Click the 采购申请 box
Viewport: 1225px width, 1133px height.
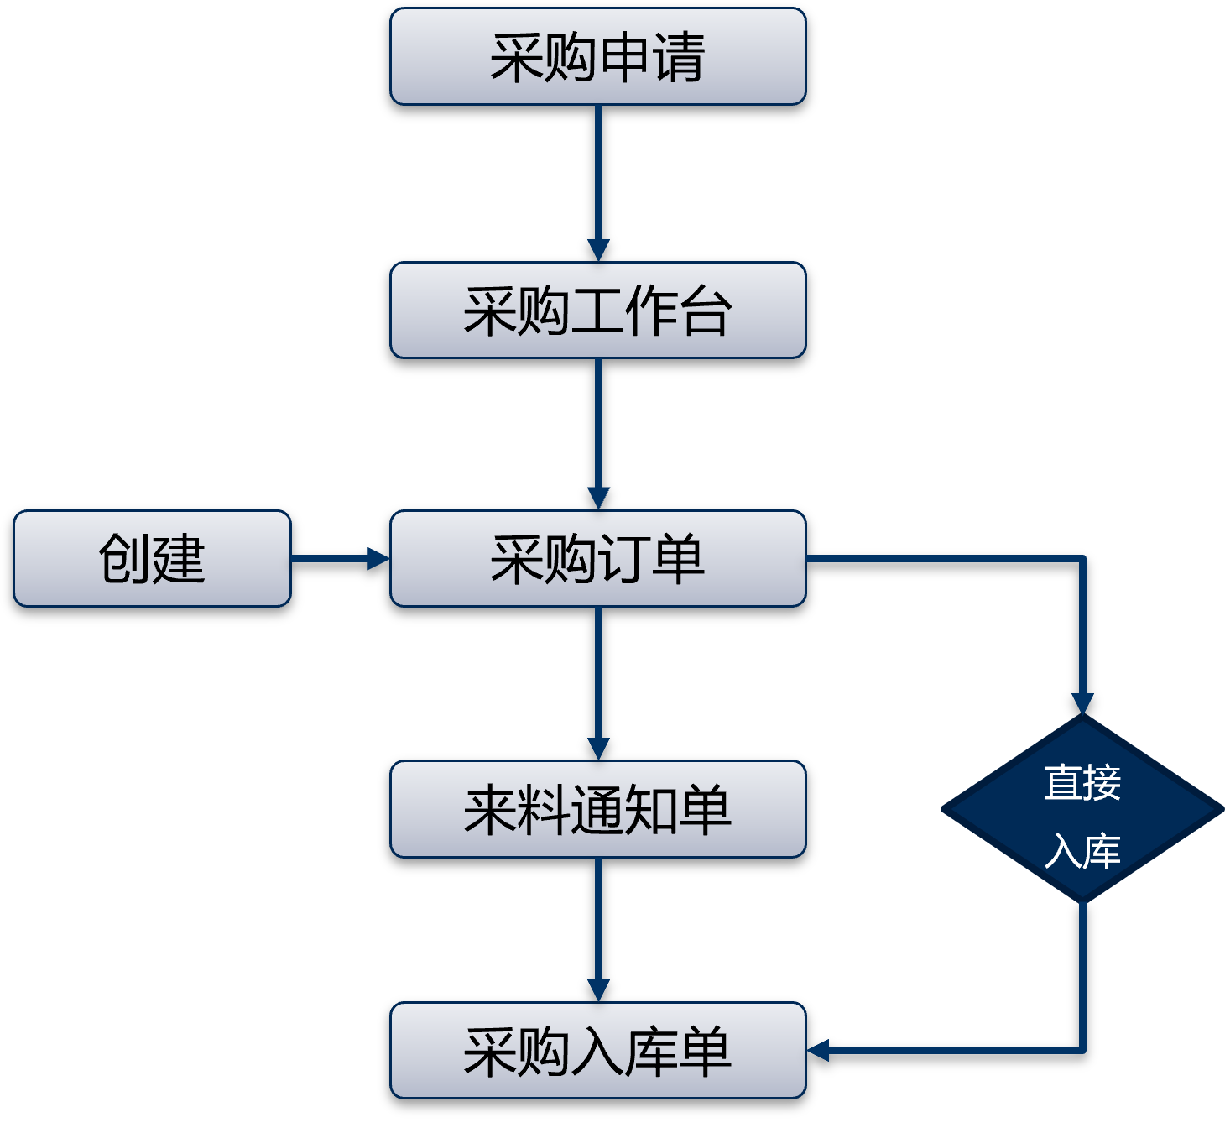(597, 56)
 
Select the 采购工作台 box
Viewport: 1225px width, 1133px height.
(597, 311)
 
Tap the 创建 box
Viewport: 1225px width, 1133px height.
(152, 559)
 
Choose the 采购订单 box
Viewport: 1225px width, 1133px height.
(597, 559)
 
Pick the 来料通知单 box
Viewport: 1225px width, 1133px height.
(597, 809)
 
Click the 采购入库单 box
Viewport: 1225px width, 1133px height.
(597, 1051)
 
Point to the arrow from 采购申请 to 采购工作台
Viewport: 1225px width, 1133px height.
(598, 180)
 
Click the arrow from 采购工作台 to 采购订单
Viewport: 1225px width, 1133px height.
(598, 432)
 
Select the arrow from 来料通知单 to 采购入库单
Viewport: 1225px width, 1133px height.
(598, 928)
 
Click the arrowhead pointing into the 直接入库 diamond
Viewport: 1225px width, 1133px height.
(1083, 703)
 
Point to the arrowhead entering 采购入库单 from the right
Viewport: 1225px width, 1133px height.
(819, 1050)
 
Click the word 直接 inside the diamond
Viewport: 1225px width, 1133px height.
(1082, 782)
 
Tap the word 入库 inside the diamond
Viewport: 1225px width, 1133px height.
(1082, 851)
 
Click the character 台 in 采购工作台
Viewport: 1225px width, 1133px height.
(706, 311)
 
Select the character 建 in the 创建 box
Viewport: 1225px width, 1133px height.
(179, 559)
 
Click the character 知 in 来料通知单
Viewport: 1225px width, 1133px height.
(651, 810)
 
